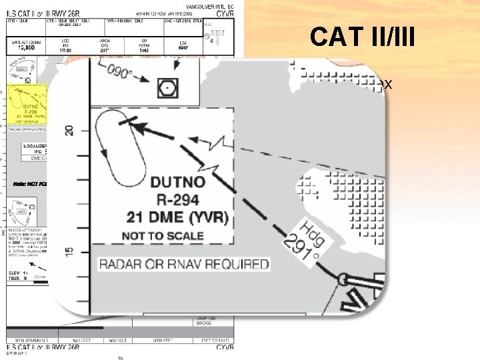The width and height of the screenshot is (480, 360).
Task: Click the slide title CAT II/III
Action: coord(362,37)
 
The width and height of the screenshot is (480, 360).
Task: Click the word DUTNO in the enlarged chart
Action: coord(177,183)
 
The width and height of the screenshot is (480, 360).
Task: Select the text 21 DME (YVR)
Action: coord(178,218)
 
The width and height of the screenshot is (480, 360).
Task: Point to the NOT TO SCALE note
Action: coord(163,236)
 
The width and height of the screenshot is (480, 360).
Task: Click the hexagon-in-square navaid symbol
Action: coord(165,87)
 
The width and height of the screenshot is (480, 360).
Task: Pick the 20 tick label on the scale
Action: coord(69,130)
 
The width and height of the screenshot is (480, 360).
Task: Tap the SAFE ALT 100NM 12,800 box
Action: coord(26,45)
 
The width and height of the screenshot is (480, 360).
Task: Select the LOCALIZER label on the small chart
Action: coord(35,145)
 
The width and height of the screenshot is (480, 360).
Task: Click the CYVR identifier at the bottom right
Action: coord(224,347)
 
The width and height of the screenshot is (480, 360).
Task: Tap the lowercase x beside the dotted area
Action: coord(388,85)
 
